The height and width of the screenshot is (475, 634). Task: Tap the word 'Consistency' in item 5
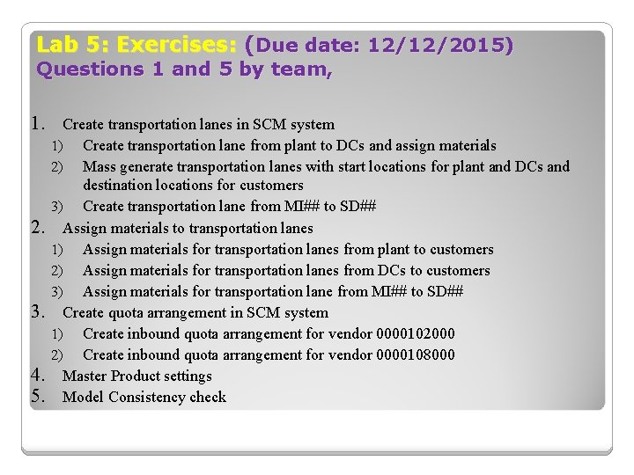[x=147, y=397]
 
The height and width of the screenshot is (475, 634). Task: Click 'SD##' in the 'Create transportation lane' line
[x=358, y=207]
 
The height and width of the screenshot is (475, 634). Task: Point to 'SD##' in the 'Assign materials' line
[x=445, y=291]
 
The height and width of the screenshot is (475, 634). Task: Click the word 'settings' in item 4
[x=188, y=376]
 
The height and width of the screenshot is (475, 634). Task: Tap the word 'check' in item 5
[x=208, y=397]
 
